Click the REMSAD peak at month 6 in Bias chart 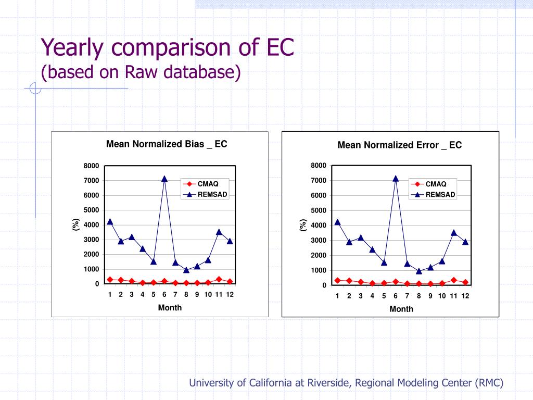(164, 179)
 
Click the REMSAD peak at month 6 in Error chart (396, 179)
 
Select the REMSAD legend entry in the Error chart (440, 195)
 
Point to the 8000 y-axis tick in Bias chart (91, 166)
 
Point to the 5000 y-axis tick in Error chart (318, 210)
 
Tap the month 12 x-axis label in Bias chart (230, 294)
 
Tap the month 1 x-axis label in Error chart (337, 296)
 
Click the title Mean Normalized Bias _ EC (167, 144)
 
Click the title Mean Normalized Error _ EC (399, 145)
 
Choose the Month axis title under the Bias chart (170, 308)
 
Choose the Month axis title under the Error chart (401, 309)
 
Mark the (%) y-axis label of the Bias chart (75, 225)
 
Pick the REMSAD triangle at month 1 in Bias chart (110, 221)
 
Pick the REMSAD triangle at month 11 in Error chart (454, 233)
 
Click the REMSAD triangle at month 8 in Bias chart (186, 270)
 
